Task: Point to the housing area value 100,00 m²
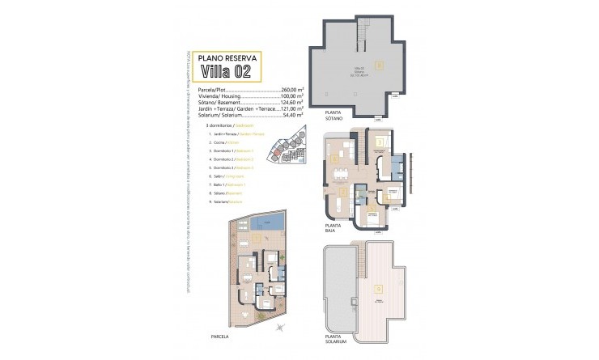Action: click(291, 96)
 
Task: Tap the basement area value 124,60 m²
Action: click(291, 103)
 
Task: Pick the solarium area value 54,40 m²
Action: click(291, 116)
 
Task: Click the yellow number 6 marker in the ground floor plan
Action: click(337, 159)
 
